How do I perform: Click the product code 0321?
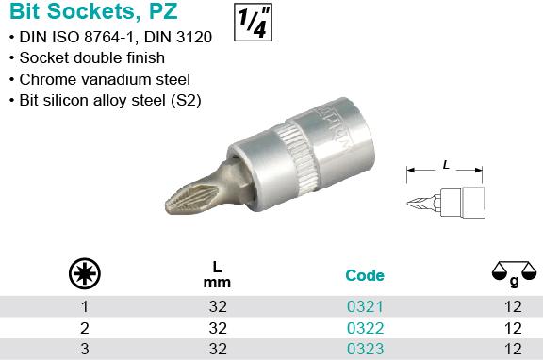(365, 306)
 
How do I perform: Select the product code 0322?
(366, 328)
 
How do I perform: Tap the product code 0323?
(366, 349)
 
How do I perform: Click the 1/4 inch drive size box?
(253, 23)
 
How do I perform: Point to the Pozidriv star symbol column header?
(85, 273)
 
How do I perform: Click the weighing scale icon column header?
(515, 273)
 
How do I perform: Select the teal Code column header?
(365, 275)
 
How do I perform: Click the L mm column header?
(217, 275)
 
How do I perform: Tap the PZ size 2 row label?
(85, 328)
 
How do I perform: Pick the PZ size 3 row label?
(85, 349)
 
